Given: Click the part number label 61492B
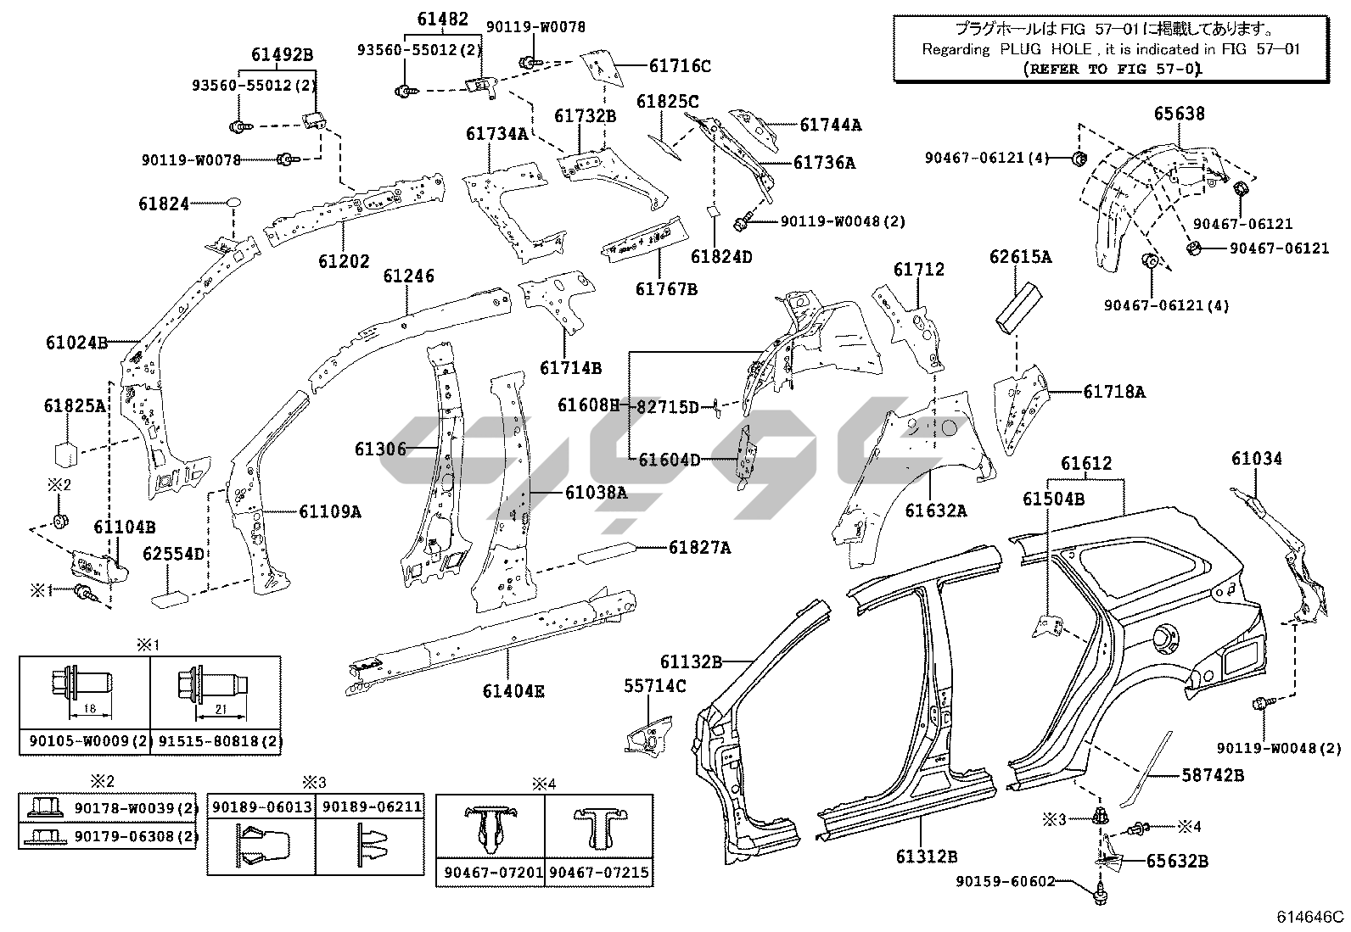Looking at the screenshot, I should point(282,55).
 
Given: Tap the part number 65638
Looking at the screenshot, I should point(1179,114).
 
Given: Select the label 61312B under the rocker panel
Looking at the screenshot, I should point(927,857).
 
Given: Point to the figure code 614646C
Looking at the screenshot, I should point(1311,917).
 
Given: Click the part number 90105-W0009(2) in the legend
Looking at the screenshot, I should point(85,741).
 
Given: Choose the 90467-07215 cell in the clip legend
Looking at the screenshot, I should point(599,872).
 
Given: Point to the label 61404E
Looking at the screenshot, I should point(513,691).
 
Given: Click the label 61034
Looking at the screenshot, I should point(1257,459).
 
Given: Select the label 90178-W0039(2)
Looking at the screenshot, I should point(136,808).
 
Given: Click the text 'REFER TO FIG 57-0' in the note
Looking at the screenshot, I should point(1112,70).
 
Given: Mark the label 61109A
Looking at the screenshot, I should point(329,511).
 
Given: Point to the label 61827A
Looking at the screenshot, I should point(699,548).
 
